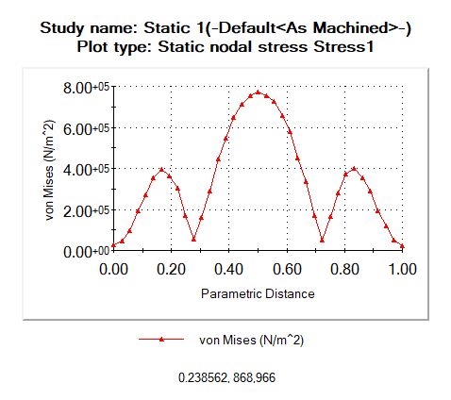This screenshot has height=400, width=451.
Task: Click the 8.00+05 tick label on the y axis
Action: pyautogui.click(x=86, y=88)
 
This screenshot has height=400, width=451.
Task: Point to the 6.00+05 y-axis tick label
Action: pyautogui.click(x=86, y=129)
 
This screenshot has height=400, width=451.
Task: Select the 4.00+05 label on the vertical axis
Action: pyautogui.click(x=86, y=170)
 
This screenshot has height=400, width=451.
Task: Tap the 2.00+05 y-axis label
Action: pyautogui.click(x=86, y=211)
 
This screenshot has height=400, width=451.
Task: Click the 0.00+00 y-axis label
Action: pyautogui.click(x=86, y=252)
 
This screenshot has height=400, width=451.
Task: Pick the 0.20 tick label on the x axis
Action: pyautogui.click(x=171, y=269)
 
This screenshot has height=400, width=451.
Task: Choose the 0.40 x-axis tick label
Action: pyautogui.click(x=229, y=269)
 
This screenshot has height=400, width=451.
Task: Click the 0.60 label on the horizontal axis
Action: pyautogui.click(x=287, y=269)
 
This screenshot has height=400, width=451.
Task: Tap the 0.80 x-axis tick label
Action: pyautogui.click(x=344, y=269)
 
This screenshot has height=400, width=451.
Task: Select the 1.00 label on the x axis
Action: pyautogui.click(x=403, y=269)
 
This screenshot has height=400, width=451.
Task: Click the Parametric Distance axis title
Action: pyautogui.click(x=258, y=293)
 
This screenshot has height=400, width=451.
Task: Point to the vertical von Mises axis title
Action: pyautogui.click(x=50, y=170)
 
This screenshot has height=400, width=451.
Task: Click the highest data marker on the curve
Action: pyautogui.click(x=258, y=92)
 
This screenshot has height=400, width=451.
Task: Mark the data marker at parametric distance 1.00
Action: pyautogui.click(x=403, y=246)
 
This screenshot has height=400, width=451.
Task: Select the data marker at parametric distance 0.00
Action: pyautogui.click(x=113, y=245)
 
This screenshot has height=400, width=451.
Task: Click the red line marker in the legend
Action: pyautogui.click(x=161, y=339)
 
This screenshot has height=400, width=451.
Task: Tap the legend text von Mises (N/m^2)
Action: pyautogui.click(x=252, y=341)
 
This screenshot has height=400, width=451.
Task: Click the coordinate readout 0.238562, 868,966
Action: pyautogui.click(x=226, y=377)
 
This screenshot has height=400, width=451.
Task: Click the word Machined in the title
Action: pyautogui.click(x=351, y=28)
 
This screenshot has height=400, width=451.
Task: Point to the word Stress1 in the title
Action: pyautogui.click(x=343, y=47)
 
